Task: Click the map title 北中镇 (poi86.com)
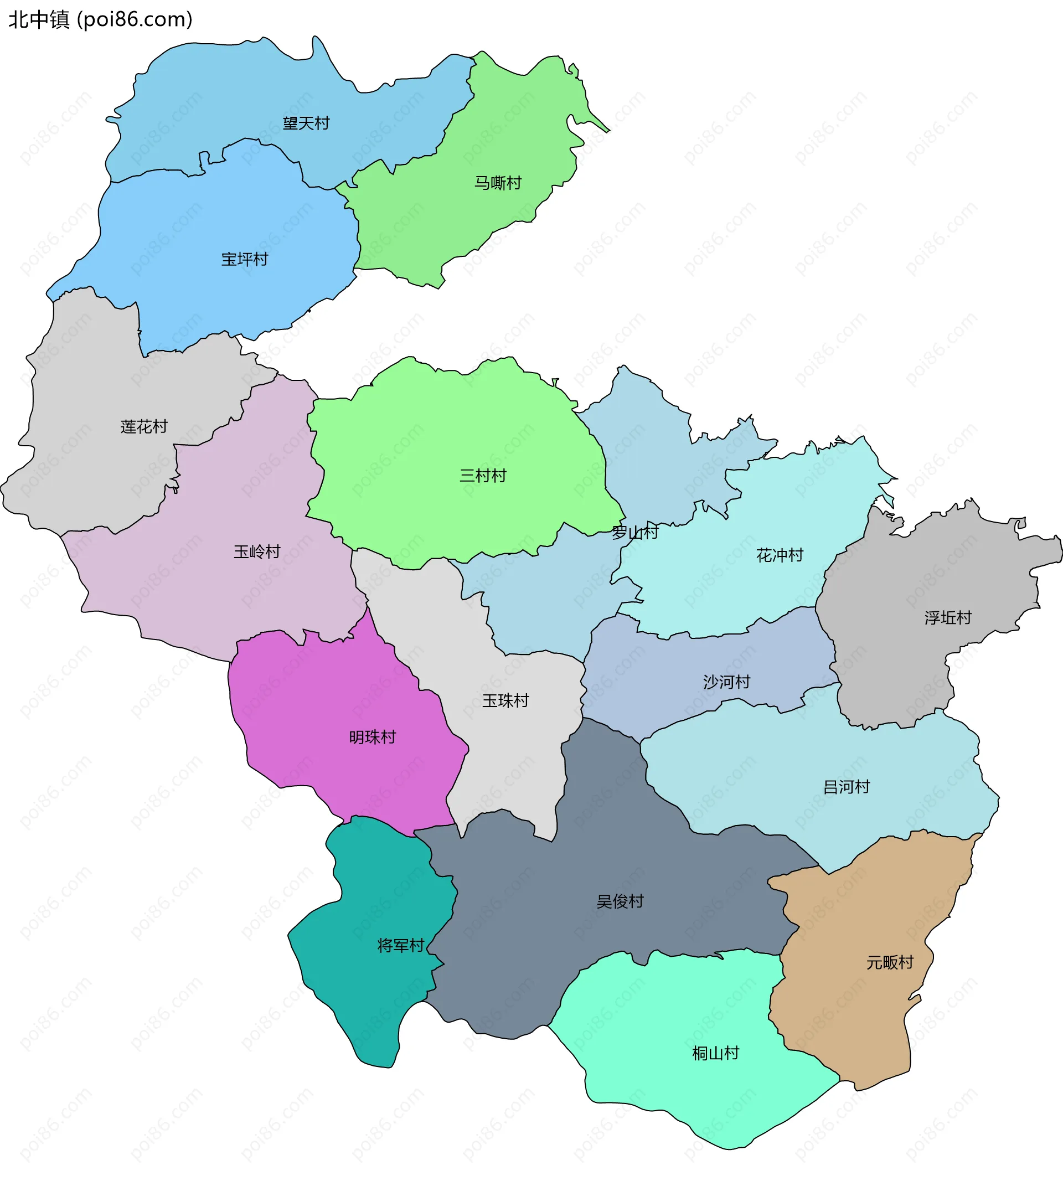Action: [x=100, y=20]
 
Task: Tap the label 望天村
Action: [x=306, y=123]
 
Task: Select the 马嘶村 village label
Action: [x=498, y=183]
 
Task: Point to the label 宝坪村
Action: [x=244, y=259]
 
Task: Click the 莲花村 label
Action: [x=144, y=427]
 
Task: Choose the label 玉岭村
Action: [x=257, y=551]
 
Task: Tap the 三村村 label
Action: [x=482, y=476]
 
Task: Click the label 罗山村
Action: [x=635, y=532]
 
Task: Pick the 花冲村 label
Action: [x=780, y=555]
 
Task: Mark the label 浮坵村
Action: [x=948, y=617]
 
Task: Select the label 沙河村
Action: [x=726, y=682]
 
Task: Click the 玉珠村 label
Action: [x=505, y=700]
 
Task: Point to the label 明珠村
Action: [x=372, y=738]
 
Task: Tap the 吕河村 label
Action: [x=847, y=787]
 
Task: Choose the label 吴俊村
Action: [x=620, y=901]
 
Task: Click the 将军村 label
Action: [x=401, y=945]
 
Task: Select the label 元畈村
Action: [x=890, y=962]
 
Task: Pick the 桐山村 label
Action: [x=715, y=1053]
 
